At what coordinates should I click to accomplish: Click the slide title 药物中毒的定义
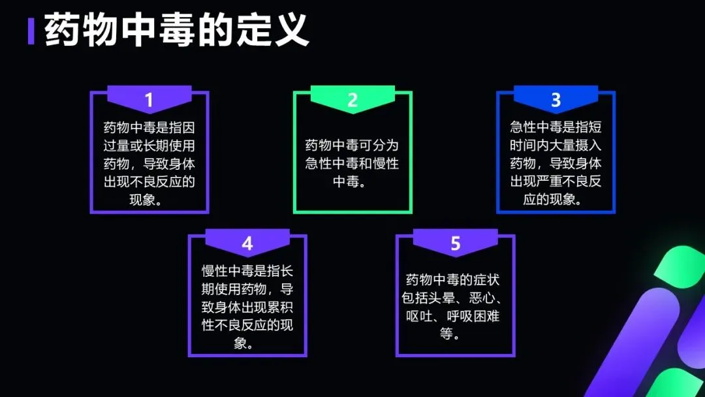[176, 31]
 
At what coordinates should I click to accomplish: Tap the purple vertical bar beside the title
[31, 31]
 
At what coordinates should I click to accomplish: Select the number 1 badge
[149, 100]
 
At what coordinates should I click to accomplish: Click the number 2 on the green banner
[352, 100]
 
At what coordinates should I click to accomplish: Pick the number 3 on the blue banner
[556, 100]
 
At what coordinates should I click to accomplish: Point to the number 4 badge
[247, 244]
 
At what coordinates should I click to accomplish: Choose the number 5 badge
[455, 244]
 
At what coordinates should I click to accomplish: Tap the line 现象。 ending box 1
[149, 199]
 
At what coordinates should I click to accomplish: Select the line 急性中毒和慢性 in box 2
[352, 163]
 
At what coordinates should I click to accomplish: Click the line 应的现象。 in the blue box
[556, 199]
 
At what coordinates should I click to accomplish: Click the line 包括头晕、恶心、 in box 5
[455, 298]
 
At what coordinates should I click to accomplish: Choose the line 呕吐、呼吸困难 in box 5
[455, 317]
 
